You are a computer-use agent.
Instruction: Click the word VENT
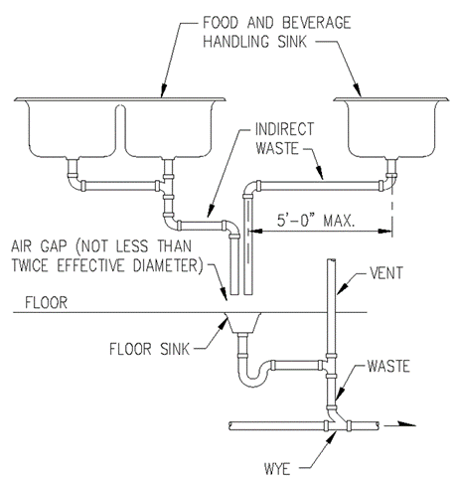coord(386,273)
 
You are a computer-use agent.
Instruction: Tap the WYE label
coord(277,468)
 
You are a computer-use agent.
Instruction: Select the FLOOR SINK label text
coord(149,349)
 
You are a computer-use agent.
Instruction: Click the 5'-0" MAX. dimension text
coord(316,221)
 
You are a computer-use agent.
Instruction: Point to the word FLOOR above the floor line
coord(46,302)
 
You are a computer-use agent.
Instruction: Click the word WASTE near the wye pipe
coord(388,366)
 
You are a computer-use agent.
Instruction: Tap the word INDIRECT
coord(284,129)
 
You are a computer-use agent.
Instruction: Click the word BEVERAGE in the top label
coord(317,23)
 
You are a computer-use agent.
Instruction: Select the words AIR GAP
coord(39,246)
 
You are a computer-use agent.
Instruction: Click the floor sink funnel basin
coord(243,323)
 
